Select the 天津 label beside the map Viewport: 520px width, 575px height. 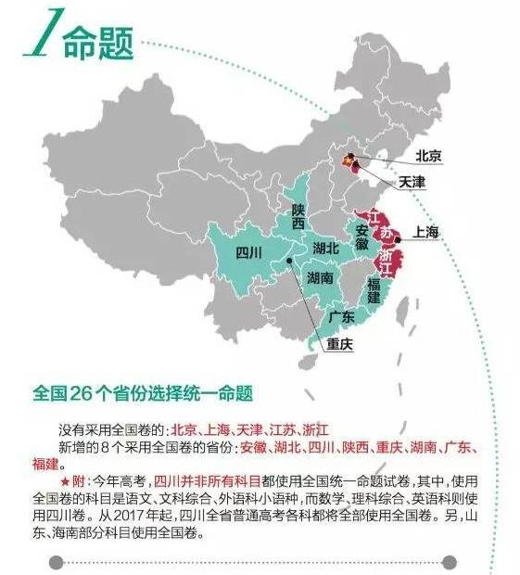pyautogui.click(x=412, y=181)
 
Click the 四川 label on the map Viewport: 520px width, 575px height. pyautogui.click(x=249, y=251)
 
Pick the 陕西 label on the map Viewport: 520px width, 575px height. pyautogui.click(x=298, y=216)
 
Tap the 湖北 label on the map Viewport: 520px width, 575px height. pyautogui.click(x=326, y=248)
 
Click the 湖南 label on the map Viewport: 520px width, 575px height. pyautogui.click(x=321, y=277)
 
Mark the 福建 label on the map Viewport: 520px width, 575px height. pyautogui.click(x=374, y=290)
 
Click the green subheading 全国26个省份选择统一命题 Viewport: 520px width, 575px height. pyautogui.click(x=142, y=391)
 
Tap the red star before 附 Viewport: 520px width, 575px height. pyautogui.click(x=64, y=480)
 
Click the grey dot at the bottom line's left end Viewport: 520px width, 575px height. pyautogui.click(x=57, y=561)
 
